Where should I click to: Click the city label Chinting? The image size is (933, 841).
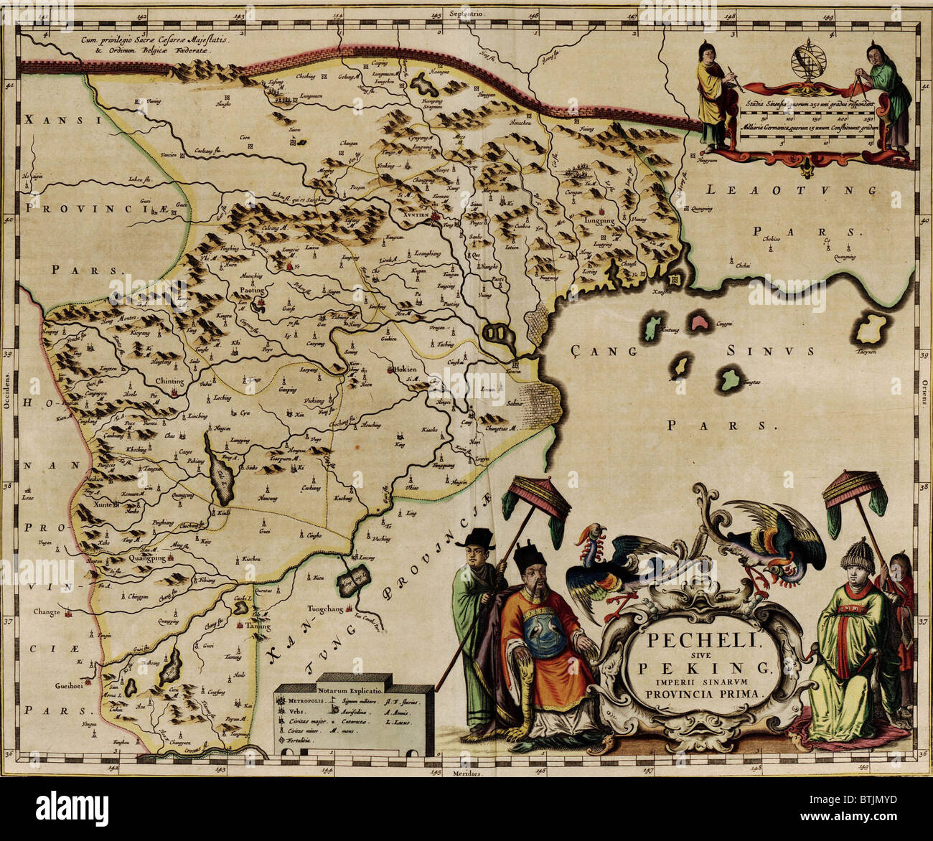pyautogui.click(x=169, y=382)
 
